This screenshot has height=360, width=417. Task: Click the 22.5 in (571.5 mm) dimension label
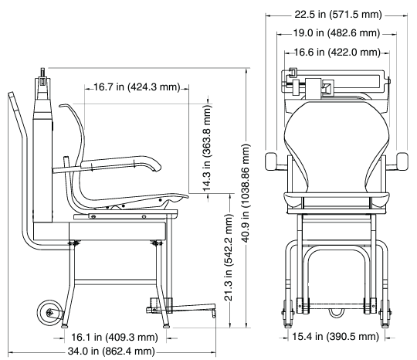[x=338, y=14]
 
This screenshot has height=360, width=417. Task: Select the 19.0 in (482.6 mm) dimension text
[x=337, y=33]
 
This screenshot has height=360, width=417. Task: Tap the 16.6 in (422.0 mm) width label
[x=337, y=53]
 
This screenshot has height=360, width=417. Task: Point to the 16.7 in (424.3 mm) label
[x=137, y=87]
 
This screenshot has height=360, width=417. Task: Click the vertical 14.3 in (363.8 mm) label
[x=207, y=148]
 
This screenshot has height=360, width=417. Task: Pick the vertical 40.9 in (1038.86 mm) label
[x=246, y=193]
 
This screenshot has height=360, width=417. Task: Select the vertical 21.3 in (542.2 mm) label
[x=229, y=257]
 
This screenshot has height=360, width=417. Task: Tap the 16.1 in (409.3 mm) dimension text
[x=114, y=338]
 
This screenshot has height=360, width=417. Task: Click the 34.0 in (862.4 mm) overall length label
[x=111, y=352]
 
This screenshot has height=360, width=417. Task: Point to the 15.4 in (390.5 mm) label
[x=335, y=337]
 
